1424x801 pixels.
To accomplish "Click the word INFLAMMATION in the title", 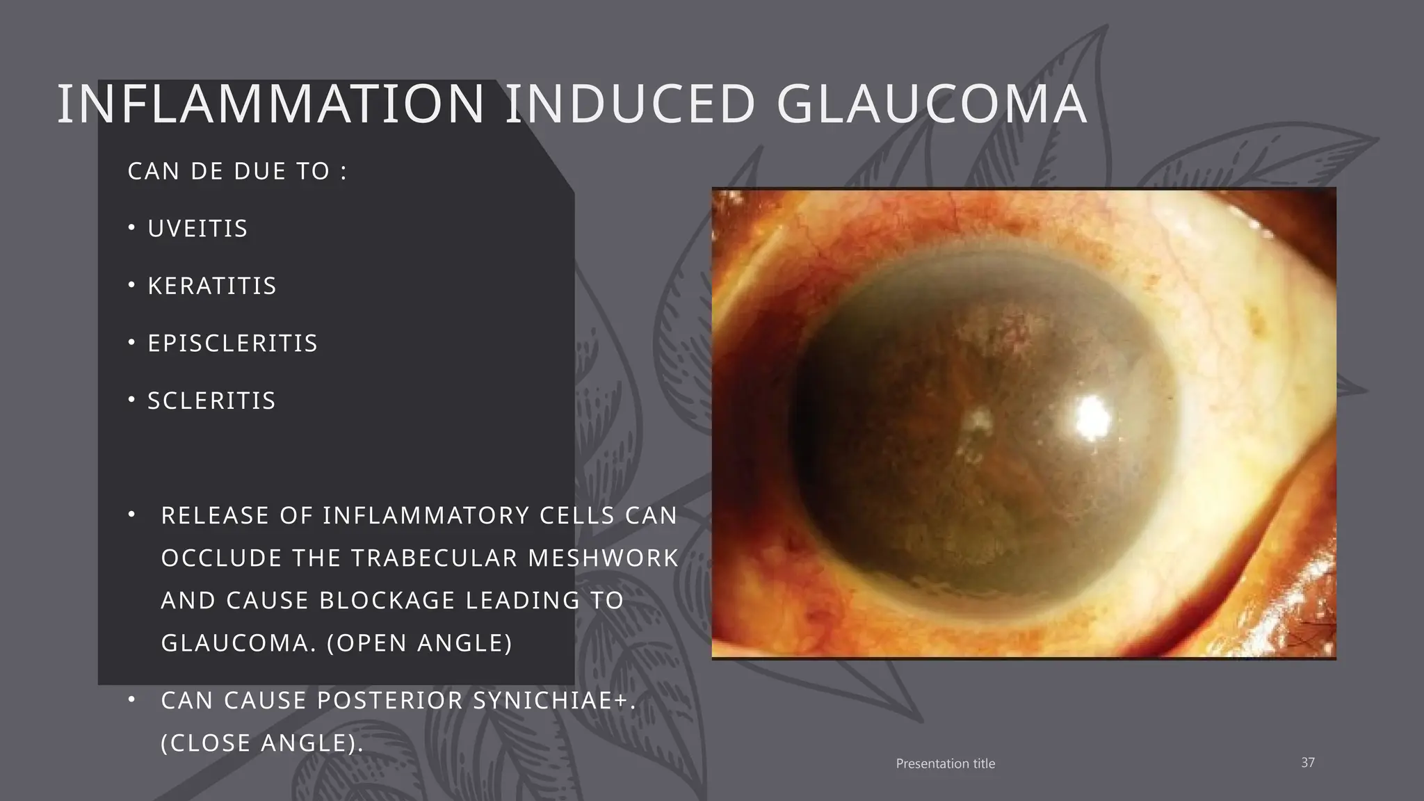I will (x=270, y=105).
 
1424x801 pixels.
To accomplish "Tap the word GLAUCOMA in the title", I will (x=931, y=105).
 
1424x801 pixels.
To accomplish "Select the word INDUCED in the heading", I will (x=630, y=105).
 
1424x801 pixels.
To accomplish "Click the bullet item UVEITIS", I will (x=197, y=229).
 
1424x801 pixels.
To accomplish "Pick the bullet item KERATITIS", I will (x=212, y=286).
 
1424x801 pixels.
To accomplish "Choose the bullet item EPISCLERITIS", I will (x=232, y=343).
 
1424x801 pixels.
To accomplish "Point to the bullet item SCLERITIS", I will (x=211, y=400).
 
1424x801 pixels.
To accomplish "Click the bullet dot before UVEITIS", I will (x=131, y=227).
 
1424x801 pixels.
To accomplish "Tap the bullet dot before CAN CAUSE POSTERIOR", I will (x=131, y=699).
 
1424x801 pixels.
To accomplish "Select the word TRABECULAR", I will (x=434, y=558).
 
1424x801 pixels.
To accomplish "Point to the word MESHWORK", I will (x=603, y=558).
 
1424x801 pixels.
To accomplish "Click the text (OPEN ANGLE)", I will (x=419, y=643).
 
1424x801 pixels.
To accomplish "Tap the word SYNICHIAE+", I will (x=554, y=701).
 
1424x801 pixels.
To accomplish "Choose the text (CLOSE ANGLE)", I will (x=262, y=743).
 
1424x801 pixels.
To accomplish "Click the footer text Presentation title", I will (x=945, y=763).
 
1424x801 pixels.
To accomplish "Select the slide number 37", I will (x=1307, y=763).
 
